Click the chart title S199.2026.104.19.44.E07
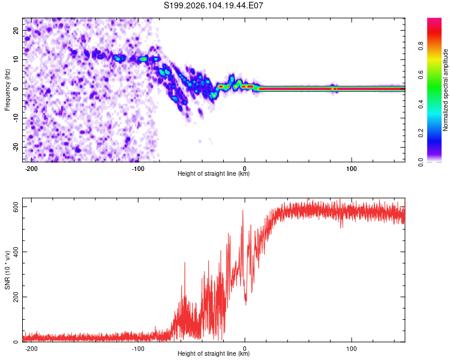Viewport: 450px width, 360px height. tap(214, 5)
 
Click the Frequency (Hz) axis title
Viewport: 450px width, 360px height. tap(8, 89)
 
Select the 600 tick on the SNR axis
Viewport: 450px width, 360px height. tap(14, 206)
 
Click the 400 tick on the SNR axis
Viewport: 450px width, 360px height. tap(14, 251)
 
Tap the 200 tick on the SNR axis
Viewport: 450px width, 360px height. tap(14, 297)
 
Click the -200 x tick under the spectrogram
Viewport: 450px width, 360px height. tap(32, 167)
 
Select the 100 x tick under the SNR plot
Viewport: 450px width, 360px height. tap(352, 348)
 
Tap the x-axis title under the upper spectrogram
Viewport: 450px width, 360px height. tap(214, 174)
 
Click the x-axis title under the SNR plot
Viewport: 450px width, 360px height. tap(214, 355)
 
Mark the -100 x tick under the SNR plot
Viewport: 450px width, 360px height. tap(138, 348)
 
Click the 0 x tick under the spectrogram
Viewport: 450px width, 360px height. tap(245, 167)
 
